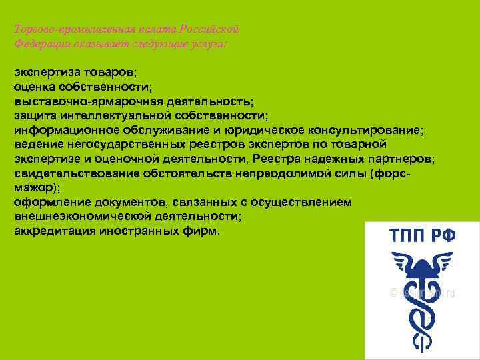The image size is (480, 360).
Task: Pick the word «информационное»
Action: click(x=67, y=130)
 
